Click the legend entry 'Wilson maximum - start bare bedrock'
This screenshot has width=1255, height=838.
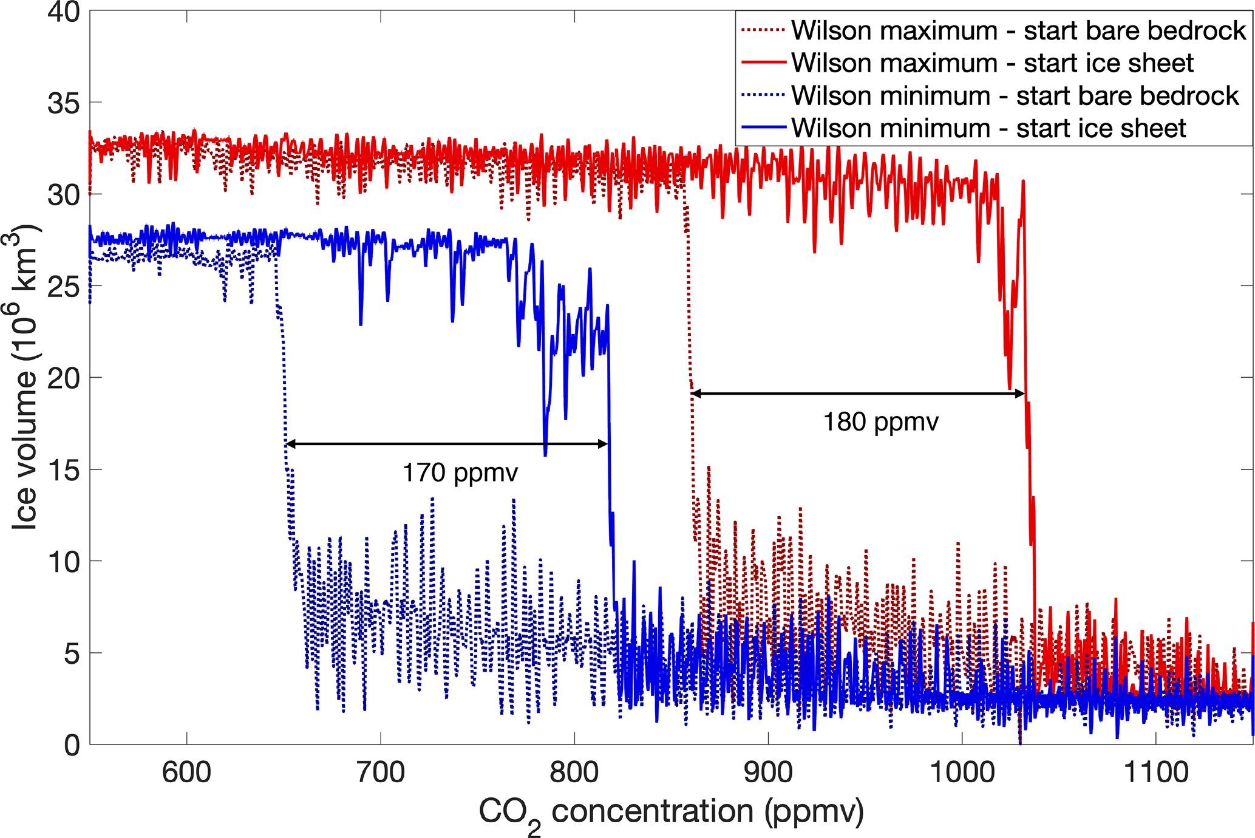click(x=1018, y=30)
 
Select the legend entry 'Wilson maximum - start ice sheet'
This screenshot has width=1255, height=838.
click(x=992, y=63)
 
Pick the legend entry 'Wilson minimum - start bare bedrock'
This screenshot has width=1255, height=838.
click(x=1015, y=96)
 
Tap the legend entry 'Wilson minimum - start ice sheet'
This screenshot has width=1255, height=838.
click(x=988, y=129)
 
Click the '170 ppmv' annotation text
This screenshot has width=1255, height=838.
click(x=460, y=472)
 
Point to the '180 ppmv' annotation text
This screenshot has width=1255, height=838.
click(x=880, y=422)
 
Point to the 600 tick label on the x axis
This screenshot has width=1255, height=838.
click(x=186, y=773)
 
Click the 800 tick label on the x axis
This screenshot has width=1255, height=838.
click(x=574, y=773)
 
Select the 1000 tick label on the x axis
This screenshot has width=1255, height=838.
click(x=962, y=773)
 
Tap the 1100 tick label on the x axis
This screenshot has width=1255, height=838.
click(x=1155, y=773)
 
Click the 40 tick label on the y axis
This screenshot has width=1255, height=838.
click(x=64, y=12)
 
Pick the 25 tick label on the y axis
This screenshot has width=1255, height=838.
click(x=64, y=287)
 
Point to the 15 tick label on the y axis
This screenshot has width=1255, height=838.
click(x=64, y=470)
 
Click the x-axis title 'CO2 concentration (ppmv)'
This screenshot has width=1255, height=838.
click(x=671, y=812)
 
